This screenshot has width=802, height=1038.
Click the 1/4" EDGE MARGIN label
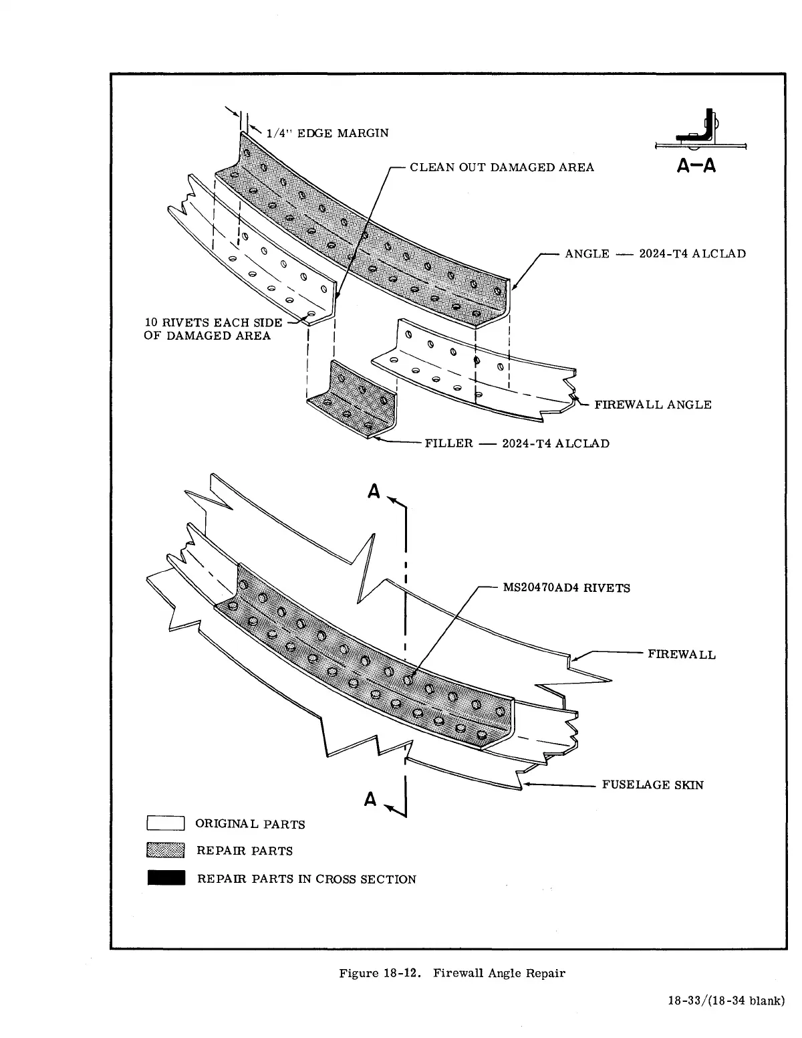pyautogui.click(x=327, y=133)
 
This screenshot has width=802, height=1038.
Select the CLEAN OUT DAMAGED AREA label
pyautogui.click(x=501, y=167)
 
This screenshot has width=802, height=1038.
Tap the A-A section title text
pyautogui.click(x=696, y=166)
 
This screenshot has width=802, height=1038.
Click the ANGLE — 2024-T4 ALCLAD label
pyautogui.click(x=655, y=254)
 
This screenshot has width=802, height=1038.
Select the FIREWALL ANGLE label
pyautogui.click(x=652, y=405)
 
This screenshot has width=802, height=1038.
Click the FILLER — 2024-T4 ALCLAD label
pyautogui.click(x=517, y=443)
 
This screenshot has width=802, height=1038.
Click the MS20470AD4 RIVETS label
pyautogui.click(x=566, y=589)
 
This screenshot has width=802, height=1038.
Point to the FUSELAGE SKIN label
pyautogui.click(x=652, y=785)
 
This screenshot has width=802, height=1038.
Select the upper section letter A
pyautogui.click(x=374, y=492)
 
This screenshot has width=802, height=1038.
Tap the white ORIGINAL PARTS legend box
pyautogui.click(x=166, y=823)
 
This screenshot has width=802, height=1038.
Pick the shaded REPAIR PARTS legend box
pyautogui.click(x=166, y=851)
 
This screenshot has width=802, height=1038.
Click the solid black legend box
pyautogui.click(x=166, y=878)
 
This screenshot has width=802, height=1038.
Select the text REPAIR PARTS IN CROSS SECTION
pyautogui.click(x=306, y=879)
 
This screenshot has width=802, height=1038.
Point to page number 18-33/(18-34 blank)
pyautogui.click(x=725, y=1001)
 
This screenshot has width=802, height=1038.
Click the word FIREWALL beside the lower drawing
pyautogui.click(x=681, y=655)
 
